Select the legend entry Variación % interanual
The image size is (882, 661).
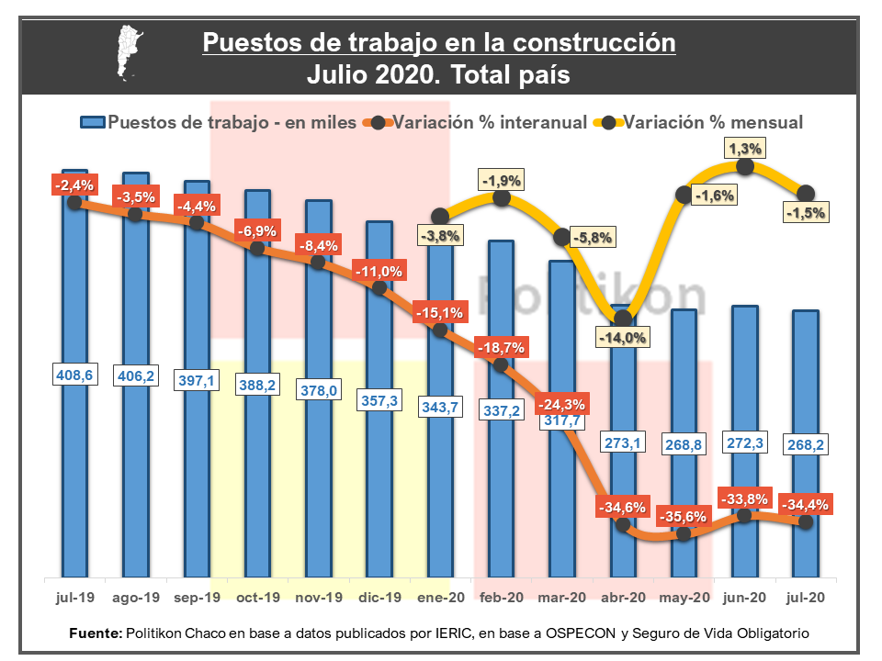(x=490, y=122)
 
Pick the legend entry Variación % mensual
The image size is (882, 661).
(x=713, y=122)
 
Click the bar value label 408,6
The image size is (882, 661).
(x=74, y=375)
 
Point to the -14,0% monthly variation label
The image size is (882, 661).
(x=623, y=337)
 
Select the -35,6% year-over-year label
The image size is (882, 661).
(x=684, y=517)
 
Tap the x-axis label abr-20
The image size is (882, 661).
(x=623, y=598)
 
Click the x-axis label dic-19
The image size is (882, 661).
(x=379, y=598)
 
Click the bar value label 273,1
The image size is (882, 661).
(x=623, y=443)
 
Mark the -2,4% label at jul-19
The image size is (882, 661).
(x=73, y=185)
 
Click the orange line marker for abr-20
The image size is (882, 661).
(x=623, y=525)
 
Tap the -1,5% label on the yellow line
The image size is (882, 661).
(x=807, y=213)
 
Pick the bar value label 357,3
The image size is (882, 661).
(x=379, y=401)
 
